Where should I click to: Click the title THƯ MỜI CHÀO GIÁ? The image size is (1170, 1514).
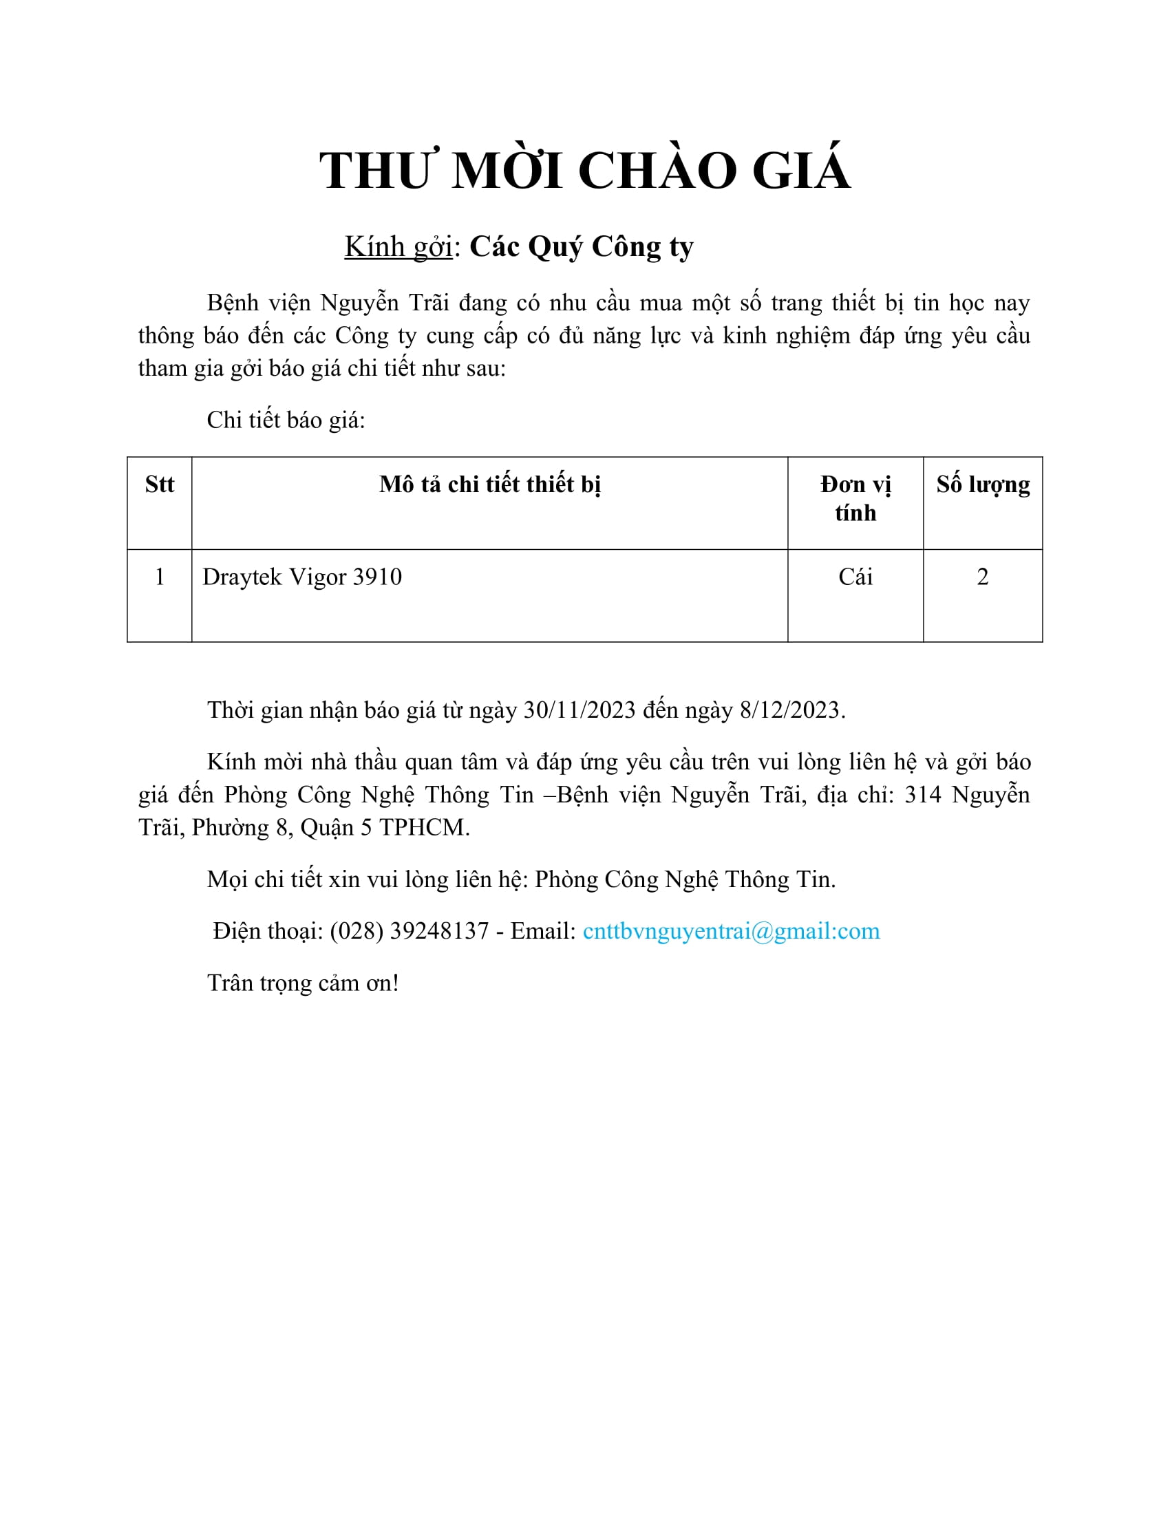[584, 171]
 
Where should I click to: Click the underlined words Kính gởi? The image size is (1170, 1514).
[398, 247]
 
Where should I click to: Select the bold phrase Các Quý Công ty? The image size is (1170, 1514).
[582, 247]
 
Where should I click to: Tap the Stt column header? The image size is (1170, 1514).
[160, 484]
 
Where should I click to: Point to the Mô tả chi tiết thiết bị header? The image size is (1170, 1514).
[489, 484]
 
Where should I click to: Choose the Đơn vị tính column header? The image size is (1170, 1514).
[855, 498]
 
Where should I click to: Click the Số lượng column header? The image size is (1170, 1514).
[982, 484]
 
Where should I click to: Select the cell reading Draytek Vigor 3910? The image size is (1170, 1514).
[302, 577]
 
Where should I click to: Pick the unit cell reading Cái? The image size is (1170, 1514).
[855, 577]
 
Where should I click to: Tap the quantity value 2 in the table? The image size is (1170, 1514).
[982, 577]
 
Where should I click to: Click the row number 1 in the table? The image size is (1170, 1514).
[160, 577]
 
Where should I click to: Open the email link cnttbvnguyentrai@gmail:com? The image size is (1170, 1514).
[731, 931]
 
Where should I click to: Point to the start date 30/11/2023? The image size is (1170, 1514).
[579, 710]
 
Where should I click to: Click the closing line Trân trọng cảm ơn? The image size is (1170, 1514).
[303, 983]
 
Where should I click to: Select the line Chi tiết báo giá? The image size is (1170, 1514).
[286, 420]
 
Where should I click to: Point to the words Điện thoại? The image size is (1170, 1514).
[267, 931]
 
